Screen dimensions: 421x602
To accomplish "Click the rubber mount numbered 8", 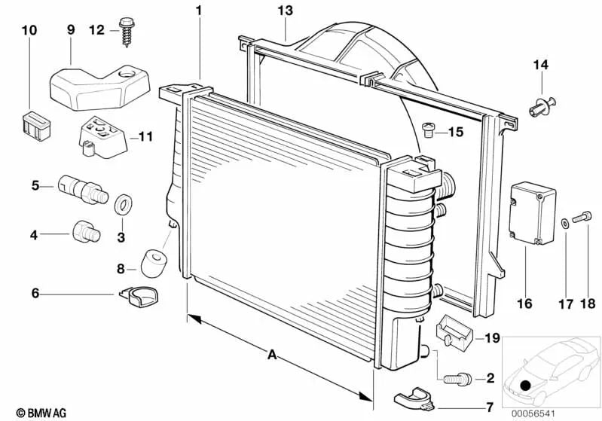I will click(x=153, y=261).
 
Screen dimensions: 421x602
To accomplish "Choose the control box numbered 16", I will click(x=532, y=213).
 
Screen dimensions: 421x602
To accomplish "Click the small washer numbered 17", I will click(x=565, y=223).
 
